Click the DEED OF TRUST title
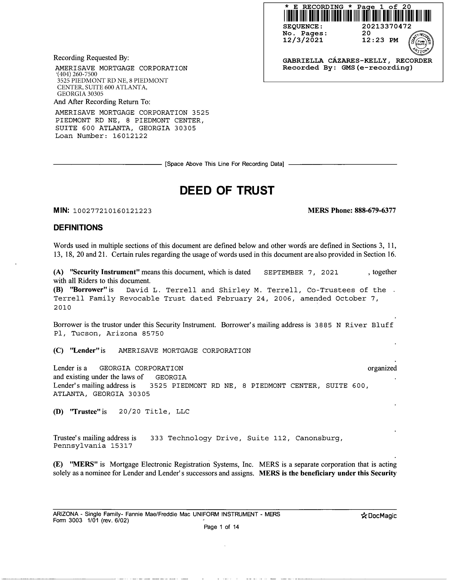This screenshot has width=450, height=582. pos(227,190)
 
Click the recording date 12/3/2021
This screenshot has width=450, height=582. pos(303,40)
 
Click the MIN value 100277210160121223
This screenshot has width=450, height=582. pos(112,211)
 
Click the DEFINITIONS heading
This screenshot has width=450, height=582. pos(78,228)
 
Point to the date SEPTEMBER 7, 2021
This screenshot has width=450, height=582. pos(301,272)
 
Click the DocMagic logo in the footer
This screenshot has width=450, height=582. pos(379,516)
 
